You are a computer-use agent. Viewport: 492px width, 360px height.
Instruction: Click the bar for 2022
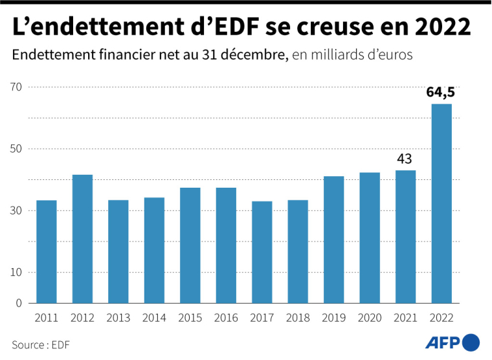point(442,203)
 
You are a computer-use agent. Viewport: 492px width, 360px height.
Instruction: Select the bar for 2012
point(82,239)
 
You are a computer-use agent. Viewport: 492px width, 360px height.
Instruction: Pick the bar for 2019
point(333,240)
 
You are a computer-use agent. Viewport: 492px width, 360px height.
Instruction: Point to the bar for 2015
point(190,245)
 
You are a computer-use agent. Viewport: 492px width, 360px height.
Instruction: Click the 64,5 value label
point(440,93)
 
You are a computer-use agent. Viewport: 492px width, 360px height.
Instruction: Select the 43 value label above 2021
point(405,159)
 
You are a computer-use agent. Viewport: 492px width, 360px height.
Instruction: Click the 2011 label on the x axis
point(46,318)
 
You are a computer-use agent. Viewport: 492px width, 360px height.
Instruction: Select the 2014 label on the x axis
point(154,318)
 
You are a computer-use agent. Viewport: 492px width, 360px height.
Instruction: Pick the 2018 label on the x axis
point(298,318)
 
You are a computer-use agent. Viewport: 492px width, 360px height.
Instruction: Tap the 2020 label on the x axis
point(369,318)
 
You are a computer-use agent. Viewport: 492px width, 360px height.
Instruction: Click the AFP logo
point(453,342)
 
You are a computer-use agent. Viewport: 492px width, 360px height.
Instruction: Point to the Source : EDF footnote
point(40,344)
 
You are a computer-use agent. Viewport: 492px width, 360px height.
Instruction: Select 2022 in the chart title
point(440,27)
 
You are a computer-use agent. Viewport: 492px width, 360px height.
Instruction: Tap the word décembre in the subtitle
point(255,55)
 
